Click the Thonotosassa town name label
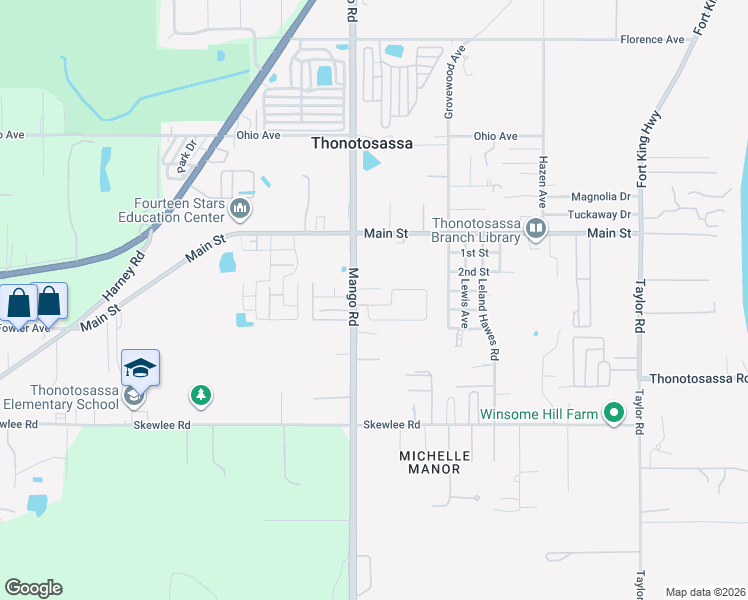(x=362, y=144)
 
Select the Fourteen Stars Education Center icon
(x=240, y=209)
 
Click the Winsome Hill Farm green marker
(x=614, y=413)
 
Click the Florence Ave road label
(x=652, y=39)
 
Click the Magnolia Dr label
(x=602, y=198)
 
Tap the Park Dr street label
(x=183, y=158)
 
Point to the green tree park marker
(x=201, y=396)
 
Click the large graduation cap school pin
(x=141, y=367)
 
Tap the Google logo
(x=33, y=588)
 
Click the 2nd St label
(x=472, y=272)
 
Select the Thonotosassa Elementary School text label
(x=60, y=398)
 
